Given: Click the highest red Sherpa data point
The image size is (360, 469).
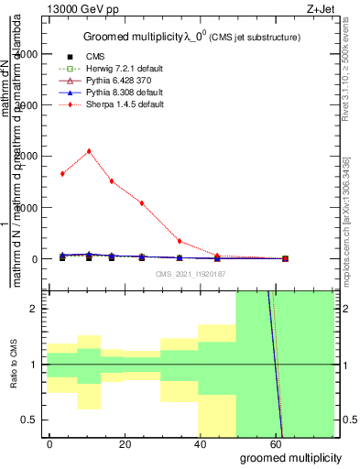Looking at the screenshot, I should pos(88,151).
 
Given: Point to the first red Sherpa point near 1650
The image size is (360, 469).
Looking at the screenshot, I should pos(62,173).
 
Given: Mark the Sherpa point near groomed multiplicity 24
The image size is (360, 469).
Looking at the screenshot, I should pos(142,202).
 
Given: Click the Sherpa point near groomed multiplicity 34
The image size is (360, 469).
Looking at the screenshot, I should pos(180,241).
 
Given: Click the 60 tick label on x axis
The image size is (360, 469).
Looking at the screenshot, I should pos(276,442).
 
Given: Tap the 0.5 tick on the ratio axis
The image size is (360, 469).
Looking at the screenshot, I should pos(33,420).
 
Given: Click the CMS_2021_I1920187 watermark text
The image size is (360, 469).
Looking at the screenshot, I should pos(190,273).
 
